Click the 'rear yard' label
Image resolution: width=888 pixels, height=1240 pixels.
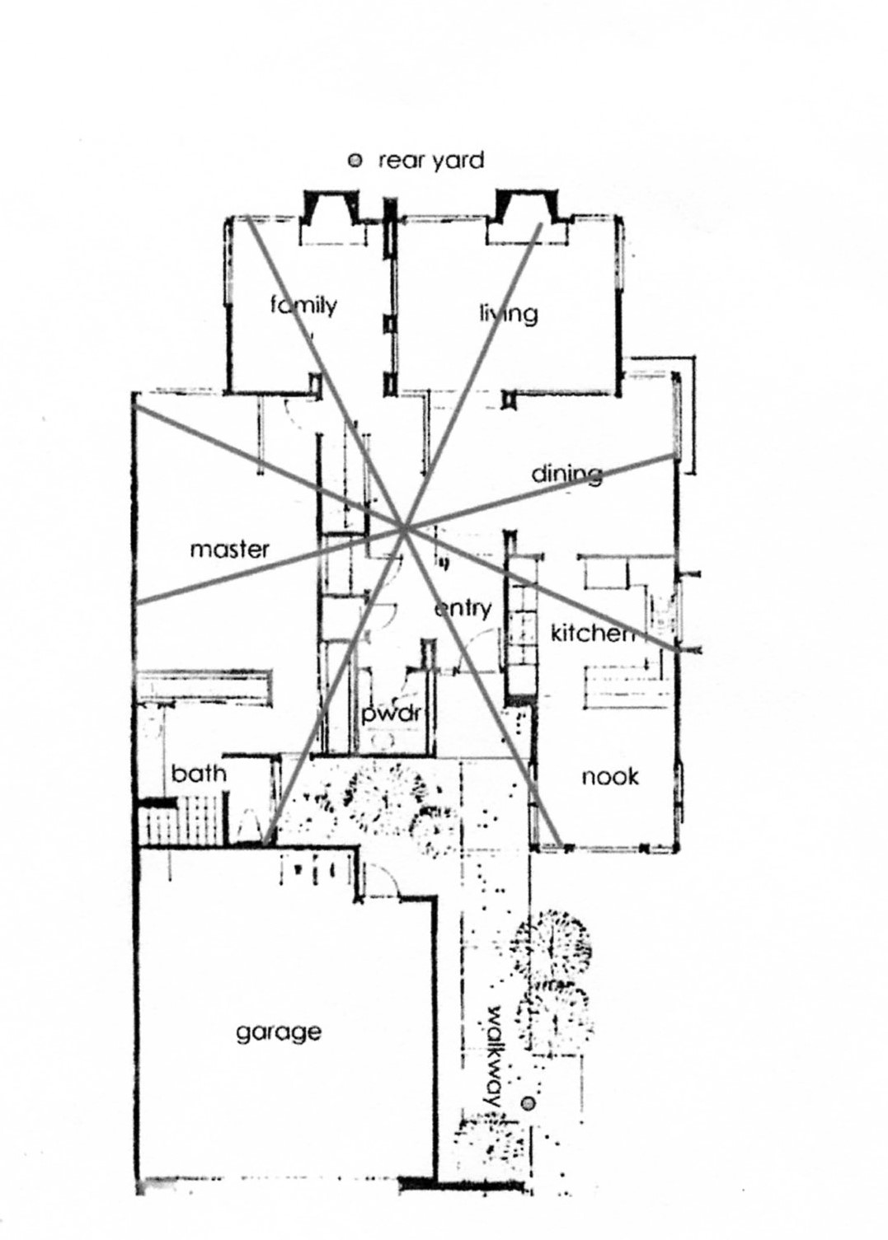coord(430,160)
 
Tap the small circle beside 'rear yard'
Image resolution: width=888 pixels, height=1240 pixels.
coord(355,161)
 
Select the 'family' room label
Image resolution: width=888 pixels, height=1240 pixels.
coord(303,306)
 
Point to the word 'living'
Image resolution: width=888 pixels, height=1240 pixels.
coord(508,313)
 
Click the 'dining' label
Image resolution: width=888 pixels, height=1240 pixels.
coord(566,474)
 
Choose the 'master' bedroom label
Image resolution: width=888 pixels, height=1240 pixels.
coord(229,549)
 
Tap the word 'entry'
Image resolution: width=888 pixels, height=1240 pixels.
coord(463,608)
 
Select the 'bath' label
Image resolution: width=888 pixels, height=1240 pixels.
coord(198,773)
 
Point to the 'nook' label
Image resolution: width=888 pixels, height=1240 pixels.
coord(610,776)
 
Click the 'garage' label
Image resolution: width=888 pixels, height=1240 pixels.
coord(278,1032)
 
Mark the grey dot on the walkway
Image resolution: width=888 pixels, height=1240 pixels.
coord(529,1103)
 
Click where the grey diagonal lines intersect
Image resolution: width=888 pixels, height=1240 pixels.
coord(405,529)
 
